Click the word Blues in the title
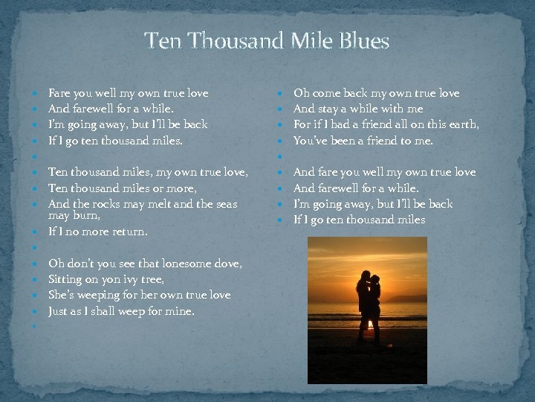365,41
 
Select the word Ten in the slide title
161,41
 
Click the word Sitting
65,279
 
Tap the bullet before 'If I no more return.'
35,232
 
